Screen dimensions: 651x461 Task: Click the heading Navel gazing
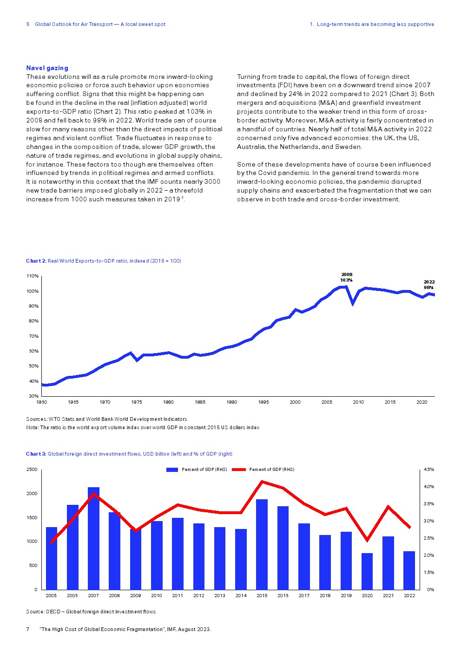[47, 68]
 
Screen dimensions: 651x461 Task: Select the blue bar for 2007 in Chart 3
[93, 538]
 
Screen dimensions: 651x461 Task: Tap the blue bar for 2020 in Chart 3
[367, 571]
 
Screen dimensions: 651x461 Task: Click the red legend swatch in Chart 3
[238, 470]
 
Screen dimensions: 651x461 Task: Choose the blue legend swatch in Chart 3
[172, 470]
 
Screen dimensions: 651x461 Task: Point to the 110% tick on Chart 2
[33, 276]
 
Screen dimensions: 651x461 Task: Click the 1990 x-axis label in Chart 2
[232, 402]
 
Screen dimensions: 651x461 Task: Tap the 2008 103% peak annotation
[346, 277]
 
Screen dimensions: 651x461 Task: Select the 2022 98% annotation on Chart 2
[429, 284]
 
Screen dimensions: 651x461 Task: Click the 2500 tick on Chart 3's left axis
[32, 470]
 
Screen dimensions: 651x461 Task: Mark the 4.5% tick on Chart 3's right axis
[429, 470]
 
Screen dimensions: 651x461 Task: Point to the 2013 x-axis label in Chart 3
[220, 596]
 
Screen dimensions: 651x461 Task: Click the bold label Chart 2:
[36, 261]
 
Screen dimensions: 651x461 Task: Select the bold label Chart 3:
[36, 454]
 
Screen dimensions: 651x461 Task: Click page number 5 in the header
[28, 24]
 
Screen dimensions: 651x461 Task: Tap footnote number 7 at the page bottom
[28, 629]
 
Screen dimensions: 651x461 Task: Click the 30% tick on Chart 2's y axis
[33, 396]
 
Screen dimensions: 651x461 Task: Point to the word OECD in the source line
[53, 612]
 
